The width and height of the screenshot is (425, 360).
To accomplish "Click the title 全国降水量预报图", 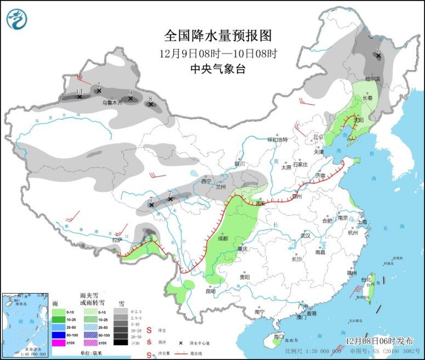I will [218, 36].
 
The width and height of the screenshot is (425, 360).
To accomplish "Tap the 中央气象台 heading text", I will [218, 69].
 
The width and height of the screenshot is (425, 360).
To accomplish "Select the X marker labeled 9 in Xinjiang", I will [130, 99].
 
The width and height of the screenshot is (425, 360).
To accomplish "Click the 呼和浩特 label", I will [277, 139].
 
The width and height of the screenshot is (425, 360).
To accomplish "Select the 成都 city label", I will [222, 238].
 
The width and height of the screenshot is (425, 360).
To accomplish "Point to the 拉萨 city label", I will [117, 240].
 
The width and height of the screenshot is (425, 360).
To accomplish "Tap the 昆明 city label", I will [211, 291].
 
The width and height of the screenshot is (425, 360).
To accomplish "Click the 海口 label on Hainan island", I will [279, 335].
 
